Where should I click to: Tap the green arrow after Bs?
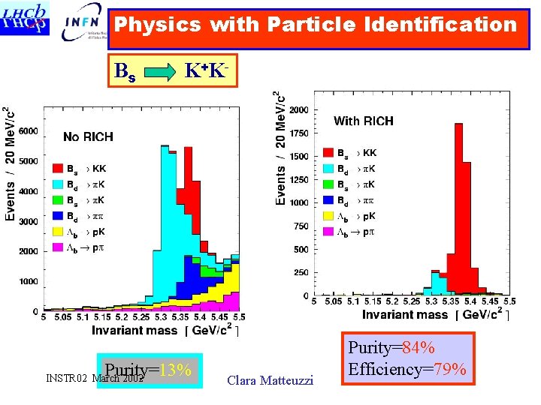pos(159,73)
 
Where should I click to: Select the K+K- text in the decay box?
pos(206,70)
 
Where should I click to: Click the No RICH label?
pos(89,136)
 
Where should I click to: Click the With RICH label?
pos(363,121)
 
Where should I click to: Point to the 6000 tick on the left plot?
pos(28,131)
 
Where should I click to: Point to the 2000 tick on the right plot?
pos(298,109)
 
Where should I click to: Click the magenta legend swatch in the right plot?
pos(328,232)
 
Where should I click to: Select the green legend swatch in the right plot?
pos(328,184)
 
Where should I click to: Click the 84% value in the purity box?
pos(419,348)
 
